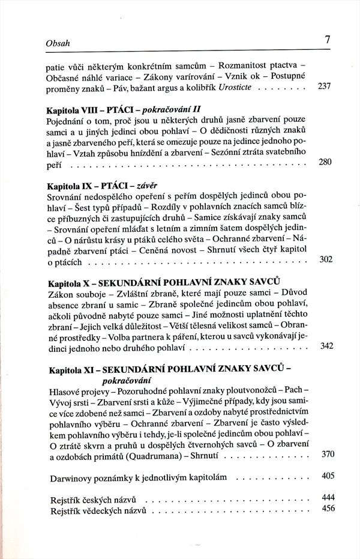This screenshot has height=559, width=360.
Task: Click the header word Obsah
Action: pos(58,44)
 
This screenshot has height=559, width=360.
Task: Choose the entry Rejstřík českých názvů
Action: pos(93,500)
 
